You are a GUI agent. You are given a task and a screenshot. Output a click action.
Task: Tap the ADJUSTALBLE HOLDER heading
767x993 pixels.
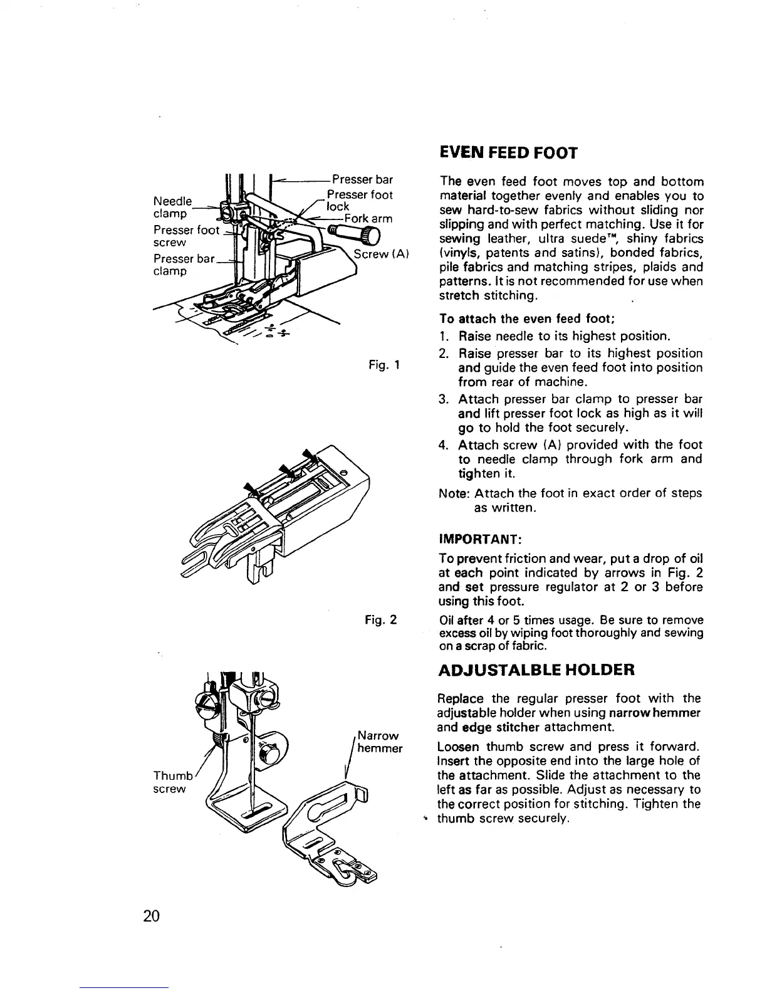(x=536, y=670)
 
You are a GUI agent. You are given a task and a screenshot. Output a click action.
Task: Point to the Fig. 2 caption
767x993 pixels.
(x=381, y=621)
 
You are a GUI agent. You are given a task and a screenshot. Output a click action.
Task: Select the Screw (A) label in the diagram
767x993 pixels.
(x=381, y=254)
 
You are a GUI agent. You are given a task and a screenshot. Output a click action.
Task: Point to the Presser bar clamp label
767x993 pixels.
(x=184, y=265)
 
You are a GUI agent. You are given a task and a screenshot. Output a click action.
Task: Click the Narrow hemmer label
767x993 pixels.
(x=378, y=742)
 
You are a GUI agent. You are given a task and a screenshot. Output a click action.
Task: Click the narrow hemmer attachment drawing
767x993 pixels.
(x=326, y=834)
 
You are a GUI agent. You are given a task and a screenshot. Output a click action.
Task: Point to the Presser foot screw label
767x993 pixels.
(x=186, y=236)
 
